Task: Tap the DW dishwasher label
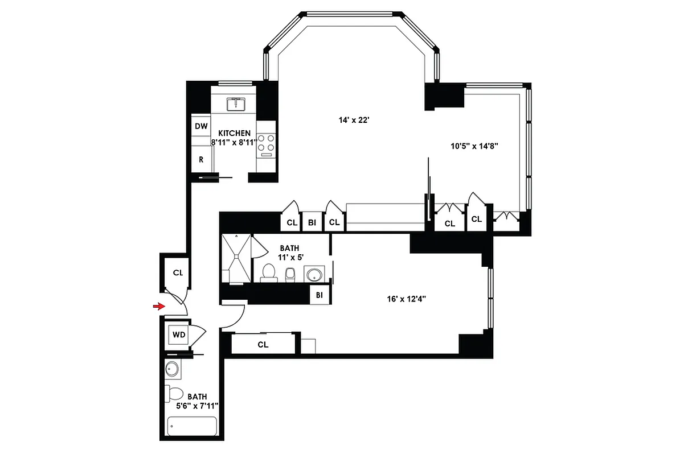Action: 201,126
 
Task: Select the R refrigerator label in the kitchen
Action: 201,160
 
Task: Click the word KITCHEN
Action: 234,133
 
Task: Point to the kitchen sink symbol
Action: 236,104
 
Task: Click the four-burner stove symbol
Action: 265,145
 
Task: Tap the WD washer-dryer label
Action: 179,335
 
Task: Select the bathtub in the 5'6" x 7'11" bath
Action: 192,426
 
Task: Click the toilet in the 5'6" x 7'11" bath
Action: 175,393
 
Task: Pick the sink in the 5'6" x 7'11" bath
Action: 173,370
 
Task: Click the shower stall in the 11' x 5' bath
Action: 235,258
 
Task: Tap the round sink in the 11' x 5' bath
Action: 313,275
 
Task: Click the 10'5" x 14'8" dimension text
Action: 474,146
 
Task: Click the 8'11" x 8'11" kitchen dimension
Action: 234,143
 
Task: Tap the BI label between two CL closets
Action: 312,222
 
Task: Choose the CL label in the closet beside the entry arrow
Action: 178,273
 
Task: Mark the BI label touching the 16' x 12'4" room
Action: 320,295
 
